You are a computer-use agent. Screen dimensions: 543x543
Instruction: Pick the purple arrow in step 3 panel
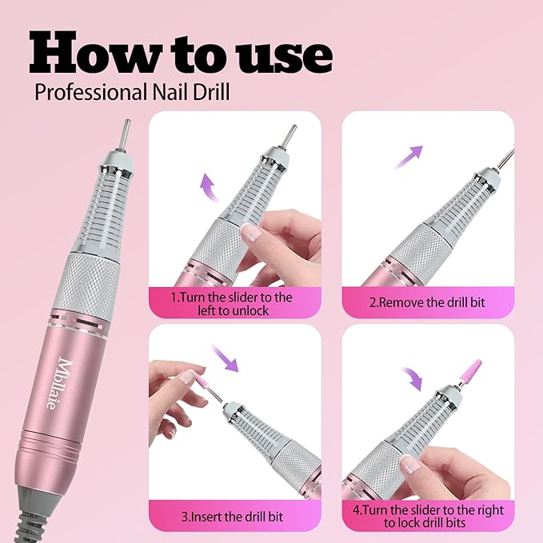(x=227, y=357)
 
